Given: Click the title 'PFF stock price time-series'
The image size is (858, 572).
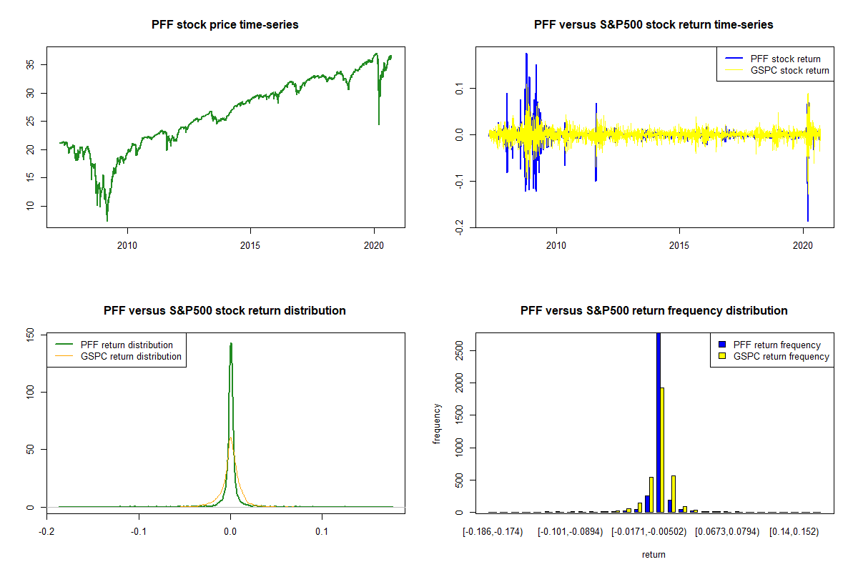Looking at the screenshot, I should pos(225,25).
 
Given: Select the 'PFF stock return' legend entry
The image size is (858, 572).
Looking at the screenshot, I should pos(785,59).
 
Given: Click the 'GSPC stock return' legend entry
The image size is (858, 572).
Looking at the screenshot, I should pos(789,71).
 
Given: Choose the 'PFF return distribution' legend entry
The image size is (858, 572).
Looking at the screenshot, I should pos(127,345).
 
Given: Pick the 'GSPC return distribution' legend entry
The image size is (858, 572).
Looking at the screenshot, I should pos(131,356).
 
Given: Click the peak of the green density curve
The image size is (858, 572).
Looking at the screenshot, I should pos(231,344).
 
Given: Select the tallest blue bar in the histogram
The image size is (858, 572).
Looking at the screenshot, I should pos(658,422).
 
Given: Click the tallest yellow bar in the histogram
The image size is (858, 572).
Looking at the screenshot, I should pos(663,450).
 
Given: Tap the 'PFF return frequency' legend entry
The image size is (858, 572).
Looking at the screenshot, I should pos(776,345).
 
